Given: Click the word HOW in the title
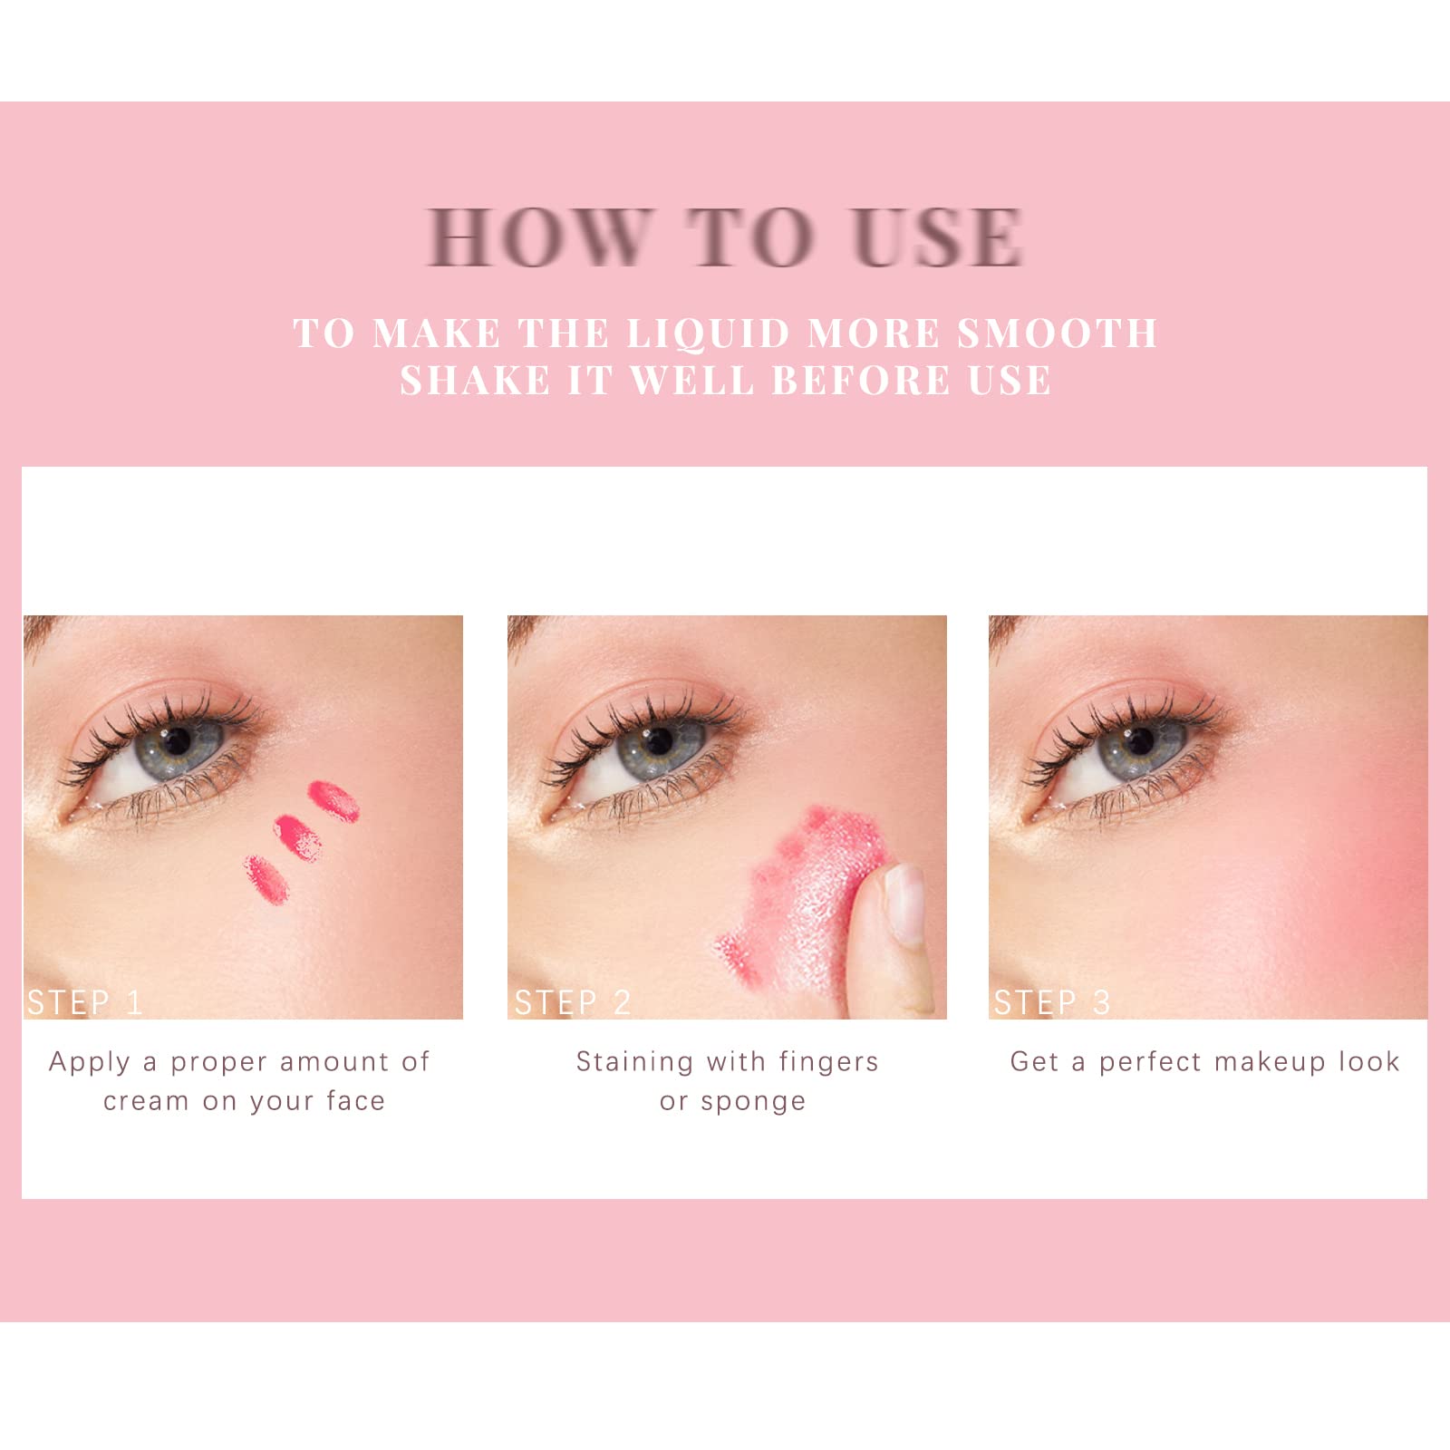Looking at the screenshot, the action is coord(540,237).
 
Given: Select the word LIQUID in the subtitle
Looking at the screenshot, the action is coord(709,333).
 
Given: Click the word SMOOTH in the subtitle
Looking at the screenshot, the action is coord(1058,333).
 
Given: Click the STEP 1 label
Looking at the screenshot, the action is coord(84,1002).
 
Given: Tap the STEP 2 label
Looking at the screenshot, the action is coord(572,1002).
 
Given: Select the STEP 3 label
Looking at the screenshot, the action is coord(1051,1002).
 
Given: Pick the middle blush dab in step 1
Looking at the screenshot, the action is coord(298,837).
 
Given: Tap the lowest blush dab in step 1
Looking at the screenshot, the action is coord(266,878).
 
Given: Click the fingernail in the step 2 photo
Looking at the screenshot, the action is coord(904,903).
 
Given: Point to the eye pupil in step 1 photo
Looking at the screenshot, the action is coord(177,741).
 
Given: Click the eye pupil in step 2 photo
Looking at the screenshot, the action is coord(660,741).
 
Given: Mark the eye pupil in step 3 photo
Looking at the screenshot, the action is coord(1140,741).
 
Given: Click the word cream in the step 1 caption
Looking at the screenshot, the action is coord(146,1102).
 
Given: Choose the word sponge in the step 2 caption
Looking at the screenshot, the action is coord(753,1103).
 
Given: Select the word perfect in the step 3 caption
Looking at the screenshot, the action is coord(1150,1062).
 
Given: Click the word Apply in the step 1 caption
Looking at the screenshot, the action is coord(89,1063).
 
